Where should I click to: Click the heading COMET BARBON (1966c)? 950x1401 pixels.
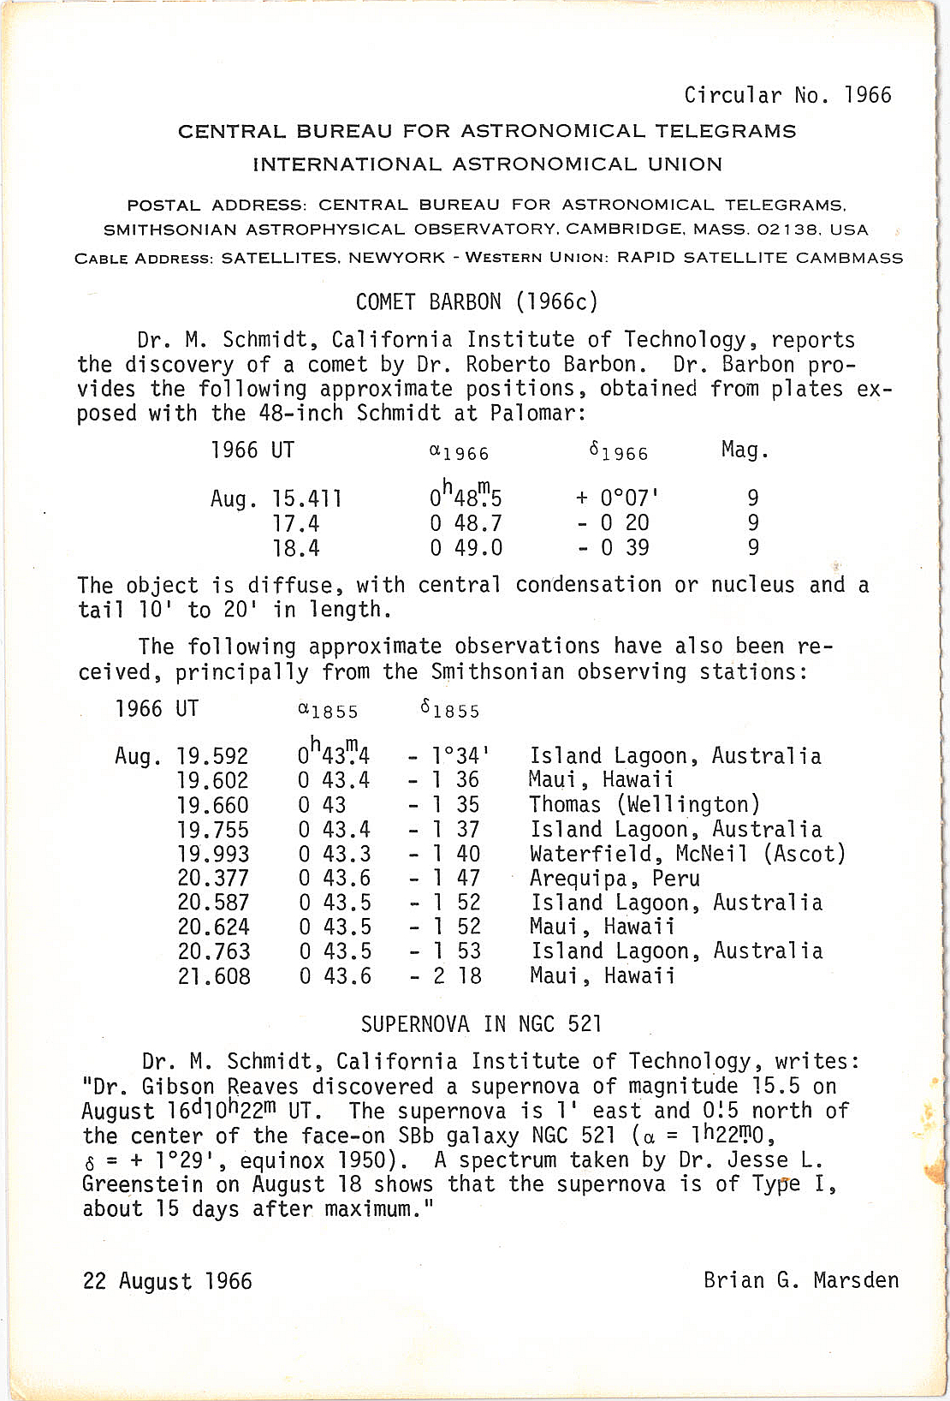477,302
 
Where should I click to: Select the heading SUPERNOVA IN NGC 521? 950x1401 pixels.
481,1025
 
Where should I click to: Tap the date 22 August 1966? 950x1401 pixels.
168,1281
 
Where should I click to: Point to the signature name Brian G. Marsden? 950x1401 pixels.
801,1280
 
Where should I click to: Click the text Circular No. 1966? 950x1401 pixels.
787,95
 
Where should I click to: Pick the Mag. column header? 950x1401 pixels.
745,450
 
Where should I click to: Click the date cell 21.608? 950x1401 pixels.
214,976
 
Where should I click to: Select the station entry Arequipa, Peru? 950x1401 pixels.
615,879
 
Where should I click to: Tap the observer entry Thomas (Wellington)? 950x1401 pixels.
644,805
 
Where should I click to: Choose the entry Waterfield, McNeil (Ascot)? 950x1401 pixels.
687,854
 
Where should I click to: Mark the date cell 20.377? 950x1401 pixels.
213,879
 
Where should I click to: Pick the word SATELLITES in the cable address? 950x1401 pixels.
273,258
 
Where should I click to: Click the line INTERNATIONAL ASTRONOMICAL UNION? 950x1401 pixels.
487,164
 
